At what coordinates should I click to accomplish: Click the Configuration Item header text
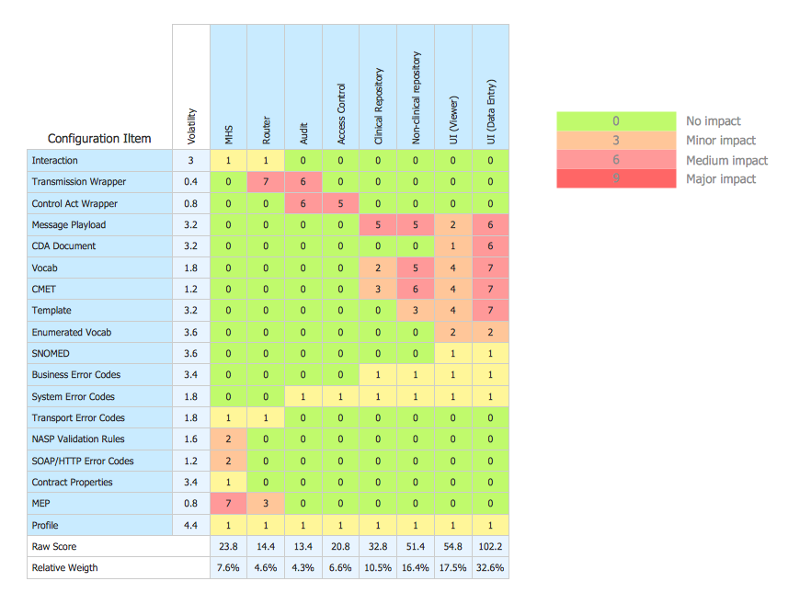pos(99,139)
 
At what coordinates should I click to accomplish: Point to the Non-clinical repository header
pos(416,97)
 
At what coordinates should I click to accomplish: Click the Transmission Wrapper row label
pos(79,182)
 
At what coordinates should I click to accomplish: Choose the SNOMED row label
pos(51,353)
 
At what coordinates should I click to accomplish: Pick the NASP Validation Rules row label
pos(78,439)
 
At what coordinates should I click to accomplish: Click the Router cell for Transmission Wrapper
pos(266,182)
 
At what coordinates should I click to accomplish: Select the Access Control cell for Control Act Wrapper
pos(340,203)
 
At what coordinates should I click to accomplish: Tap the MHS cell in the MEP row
pos(228,504)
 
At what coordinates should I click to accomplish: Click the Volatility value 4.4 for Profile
pos(191,525)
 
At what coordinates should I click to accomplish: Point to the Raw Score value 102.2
pos(490,546)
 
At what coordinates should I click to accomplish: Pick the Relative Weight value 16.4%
pos(416,568)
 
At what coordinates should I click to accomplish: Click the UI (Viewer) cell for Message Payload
pos(452,224)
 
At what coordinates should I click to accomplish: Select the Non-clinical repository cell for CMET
pos(416,289)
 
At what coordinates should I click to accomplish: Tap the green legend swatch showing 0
pos(616,121)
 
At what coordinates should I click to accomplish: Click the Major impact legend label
pos(721,179)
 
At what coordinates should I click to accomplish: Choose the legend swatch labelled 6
pos(616,160)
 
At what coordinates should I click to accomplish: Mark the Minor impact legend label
pos(721,141)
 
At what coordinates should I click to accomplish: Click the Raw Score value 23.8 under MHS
pos(228,546)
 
